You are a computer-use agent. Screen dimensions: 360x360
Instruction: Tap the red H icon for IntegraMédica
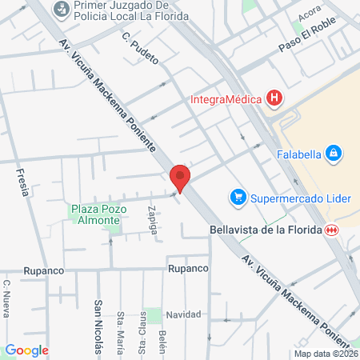pyautogui.click(x=275, y=100)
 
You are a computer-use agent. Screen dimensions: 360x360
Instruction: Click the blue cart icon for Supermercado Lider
pyautogui.click(x=237, y=196)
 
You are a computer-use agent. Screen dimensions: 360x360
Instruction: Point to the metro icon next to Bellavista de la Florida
pyautogui.click(x=330, y=230)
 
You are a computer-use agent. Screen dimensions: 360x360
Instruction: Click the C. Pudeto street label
pyautogui.click(x=139, y=47)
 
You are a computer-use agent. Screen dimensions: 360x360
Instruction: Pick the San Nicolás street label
pyautogui.click(x=98, y=326)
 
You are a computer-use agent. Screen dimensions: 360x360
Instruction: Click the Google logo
pyautogui.click(x=26, y=350)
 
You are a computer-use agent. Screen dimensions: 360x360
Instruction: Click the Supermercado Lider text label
pyautogui.click(x=300, y=196)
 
